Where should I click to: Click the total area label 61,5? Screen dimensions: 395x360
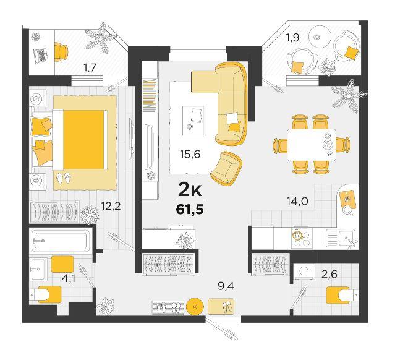190,210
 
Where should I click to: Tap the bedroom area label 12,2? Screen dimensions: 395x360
111,206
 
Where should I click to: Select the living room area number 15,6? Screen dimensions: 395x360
190,154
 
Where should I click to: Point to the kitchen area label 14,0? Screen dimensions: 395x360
297,201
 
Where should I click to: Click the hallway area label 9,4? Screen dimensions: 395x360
226,286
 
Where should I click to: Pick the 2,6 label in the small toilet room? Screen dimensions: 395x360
329,274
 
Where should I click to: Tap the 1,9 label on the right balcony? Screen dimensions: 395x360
292,38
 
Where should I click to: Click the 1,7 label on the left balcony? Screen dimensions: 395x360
90,68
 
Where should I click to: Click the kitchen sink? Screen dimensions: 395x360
341,238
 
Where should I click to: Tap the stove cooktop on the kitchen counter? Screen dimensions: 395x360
302,238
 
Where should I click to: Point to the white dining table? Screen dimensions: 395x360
312,145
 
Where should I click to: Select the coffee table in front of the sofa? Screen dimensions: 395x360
193,121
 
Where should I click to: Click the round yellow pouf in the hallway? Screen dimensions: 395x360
195,307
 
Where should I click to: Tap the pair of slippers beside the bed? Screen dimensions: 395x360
63,178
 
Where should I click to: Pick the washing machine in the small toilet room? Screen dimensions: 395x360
304,272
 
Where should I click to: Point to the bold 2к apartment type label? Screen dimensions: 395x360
190,190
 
